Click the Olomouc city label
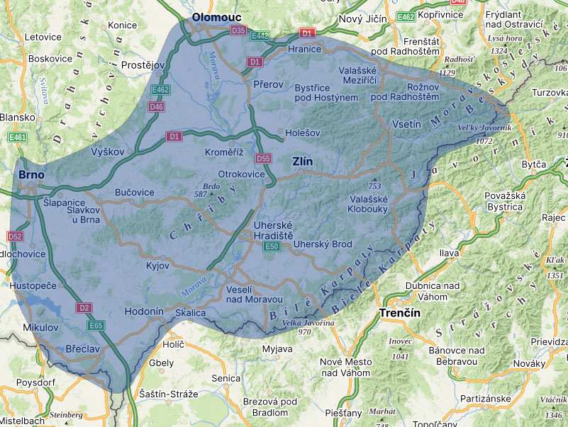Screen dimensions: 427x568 pos(216,17)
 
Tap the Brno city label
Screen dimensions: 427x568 pos(31,174)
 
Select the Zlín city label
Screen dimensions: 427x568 pos(302,162)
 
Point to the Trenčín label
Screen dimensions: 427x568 pos(400,312)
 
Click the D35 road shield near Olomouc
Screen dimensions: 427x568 pos(239,31)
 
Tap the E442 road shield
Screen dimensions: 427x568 pos(260,35)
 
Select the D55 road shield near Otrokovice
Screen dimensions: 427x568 pos(263,158)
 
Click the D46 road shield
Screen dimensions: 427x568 pos(156,107)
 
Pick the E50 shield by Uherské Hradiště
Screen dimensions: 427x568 pos(271,246)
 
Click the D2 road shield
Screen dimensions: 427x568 pos(84,308)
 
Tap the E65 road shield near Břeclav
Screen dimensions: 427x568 pos(96,326)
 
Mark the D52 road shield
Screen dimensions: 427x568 pos(14,236)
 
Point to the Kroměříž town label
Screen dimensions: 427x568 pos(223,153)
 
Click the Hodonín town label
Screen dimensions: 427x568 pos(144,312)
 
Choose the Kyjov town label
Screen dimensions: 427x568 pos(157,266)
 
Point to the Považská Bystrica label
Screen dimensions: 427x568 pos(504,201)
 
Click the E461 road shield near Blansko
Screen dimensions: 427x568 pos(17,137)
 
